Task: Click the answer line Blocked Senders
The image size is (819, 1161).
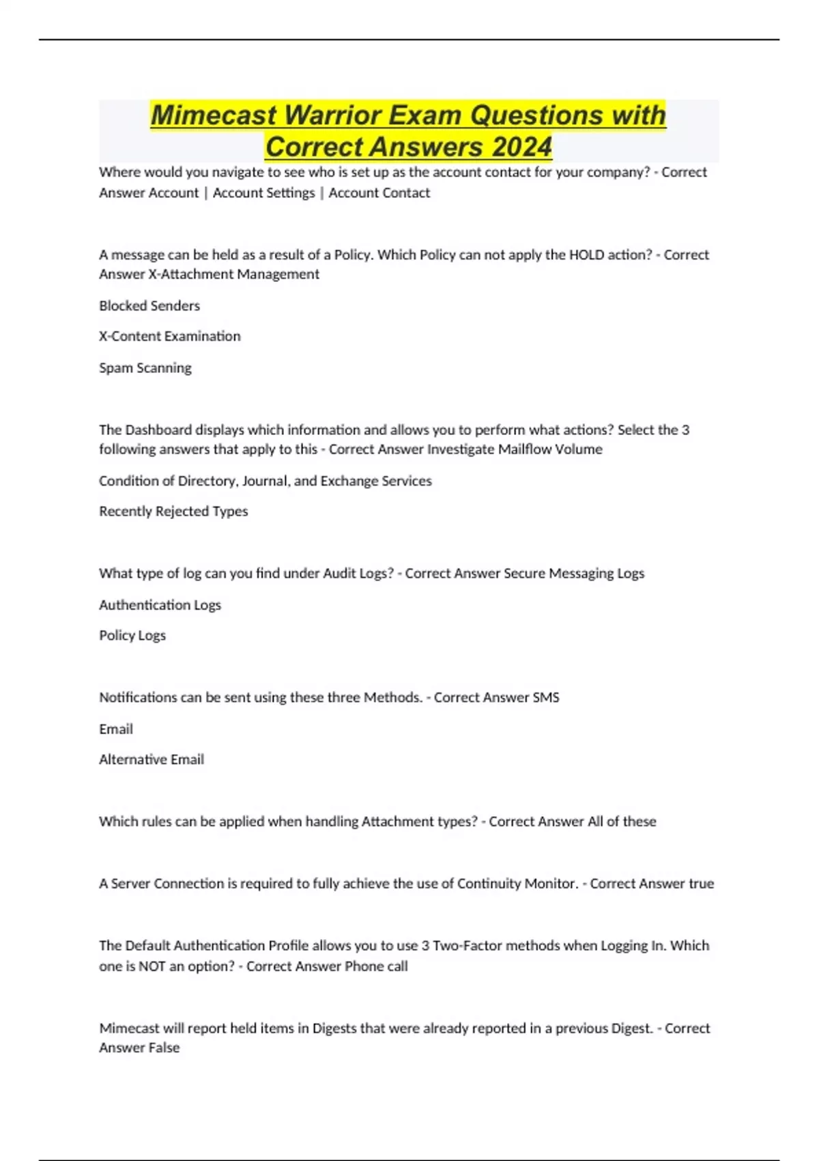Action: (x=149, y=305)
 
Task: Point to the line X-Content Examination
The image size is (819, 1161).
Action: (x=170, y=336)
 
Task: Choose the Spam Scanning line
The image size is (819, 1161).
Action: (x=145, y=367)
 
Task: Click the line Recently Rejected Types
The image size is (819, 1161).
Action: (x=173, y=511)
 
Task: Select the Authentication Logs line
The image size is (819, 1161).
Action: (x=160, y=604)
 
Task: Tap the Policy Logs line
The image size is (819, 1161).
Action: (x=132, y=635)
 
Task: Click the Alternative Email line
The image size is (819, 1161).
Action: (x=152, y=759)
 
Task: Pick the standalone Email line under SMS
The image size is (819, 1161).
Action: (x=116, y=729)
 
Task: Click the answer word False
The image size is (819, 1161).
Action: (x=164, y=1048)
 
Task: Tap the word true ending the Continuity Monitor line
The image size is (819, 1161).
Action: (x=701, y=884)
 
